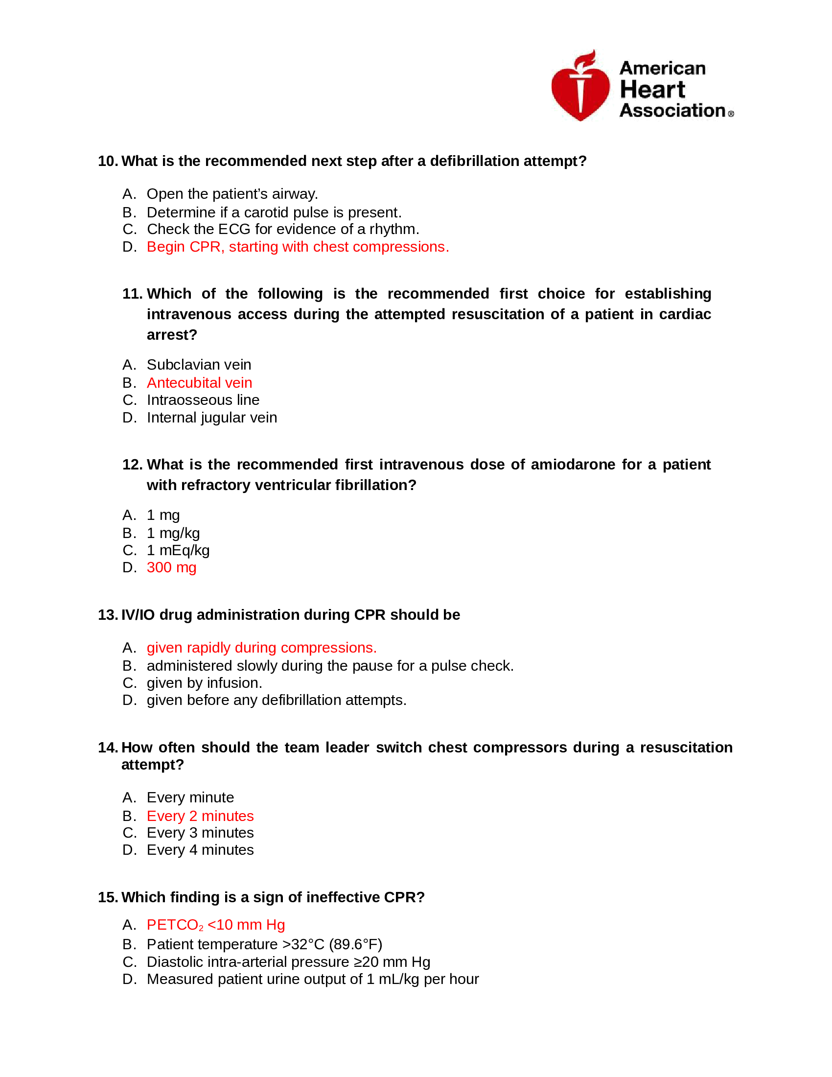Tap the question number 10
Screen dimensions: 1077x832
[107, 161]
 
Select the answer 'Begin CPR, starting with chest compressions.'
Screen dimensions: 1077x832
[298, 247]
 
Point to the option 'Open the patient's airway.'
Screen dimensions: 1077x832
[232, 194]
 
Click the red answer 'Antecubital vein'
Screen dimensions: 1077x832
[199, 383]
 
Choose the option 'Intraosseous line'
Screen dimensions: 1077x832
[203, 400]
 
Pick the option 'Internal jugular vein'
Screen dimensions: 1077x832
[211, 418]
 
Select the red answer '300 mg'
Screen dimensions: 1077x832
[171, 567]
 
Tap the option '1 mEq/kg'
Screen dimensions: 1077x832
[178, 550]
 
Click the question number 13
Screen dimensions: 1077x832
[107, 615]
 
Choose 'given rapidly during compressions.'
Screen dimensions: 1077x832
[261, 648]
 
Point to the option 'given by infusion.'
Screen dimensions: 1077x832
[204, 683]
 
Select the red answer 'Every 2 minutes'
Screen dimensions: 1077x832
[200, 816]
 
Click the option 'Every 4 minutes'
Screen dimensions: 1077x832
[200, 850]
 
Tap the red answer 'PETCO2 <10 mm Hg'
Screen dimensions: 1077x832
[216, 925]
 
